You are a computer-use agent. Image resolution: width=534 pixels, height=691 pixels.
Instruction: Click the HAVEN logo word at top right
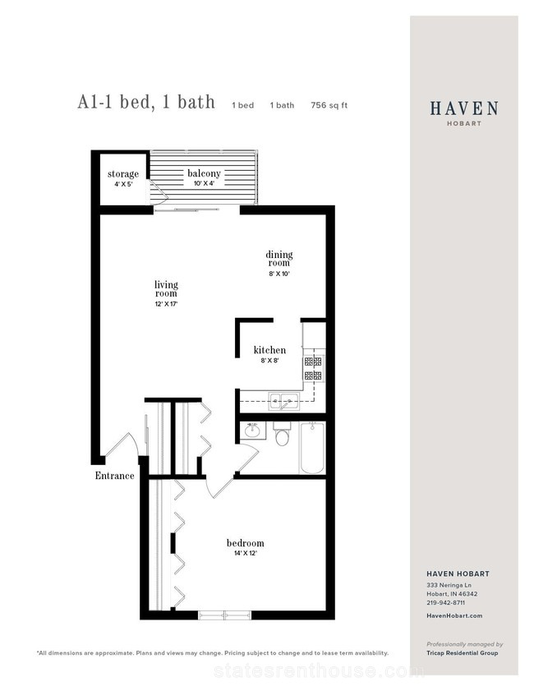[464, 108]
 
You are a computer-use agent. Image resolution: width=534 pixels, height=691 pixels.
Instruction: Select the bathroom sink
[253, 431]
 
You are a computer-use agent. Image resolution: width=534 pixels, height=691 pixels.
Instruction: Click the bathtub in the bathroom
[312, 448]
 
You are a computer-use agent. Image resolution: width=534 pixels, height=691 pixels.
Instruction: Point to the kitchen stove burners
[313, 368]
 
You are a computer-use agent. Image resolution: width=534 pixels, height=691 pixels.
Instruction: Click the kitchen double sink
[284, 401]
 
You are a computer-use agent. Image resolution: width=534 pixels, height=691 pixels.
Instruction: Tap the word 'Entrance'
[114, 476]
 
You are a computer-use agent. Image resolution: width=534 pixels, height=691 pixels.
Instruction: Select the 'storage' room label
[123, 173]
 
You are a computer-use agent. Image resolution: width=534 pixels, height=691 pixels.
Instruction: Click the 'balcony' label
[204, 173]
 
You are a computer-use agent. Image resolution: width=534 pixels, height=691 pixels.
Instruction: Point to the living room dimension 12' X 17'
[166, 304]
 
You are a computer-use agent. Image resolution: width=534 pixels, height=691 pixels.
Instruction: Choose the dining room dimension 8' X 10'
[279, 274]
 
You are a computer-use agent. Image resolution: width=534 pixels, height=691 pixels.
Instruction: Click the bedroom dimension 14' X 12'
[245, 554]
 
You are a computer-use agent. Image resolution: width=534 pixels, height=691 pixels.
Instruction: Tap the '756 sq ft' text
[329, 105]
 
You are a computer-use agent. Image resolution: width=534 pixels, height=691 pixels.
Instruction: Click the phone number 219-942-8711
[445, 602]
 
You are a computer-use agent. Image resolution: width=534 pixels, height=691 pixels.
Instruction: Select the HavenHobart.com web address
[454, 615]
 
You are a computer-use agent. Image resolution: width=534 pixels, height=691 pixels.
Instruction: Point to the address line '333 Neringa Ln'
[449, 585]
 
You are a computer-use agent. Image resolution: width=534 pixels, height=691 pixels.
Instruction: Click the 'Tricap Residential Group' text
[463, 652]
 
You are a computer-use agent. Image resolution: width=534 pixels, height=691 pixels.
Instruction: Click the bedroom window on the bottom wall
[224, 615]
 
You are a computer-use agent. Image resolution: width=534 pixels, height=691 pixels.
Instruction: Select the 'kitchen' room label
[269, 350]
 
